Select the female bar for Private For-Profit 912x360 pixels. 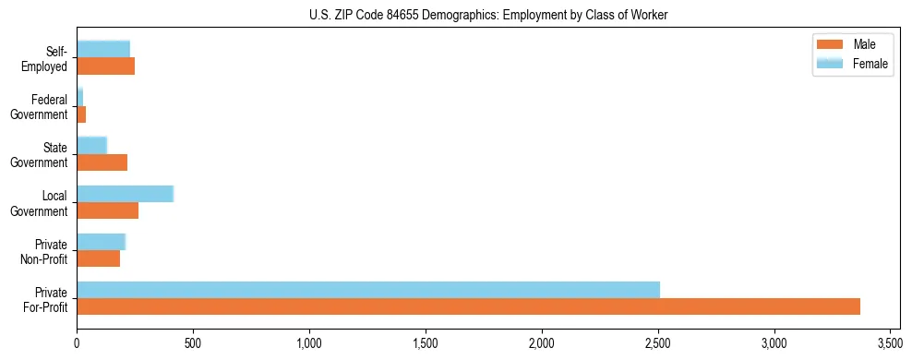click(368, 290)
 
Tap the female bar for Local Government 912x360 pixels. click(125, 194)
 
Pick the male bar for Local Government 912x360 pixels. click(107, 210)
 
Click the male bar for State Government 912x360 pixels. click(102, 162)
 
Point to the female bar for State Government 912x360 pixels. click(91, 145)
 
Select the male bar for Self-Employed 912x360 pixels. click(105, 66)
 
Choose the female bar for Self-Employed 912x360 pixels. click(102, 49)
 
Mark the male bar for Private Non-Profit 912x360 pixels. click(98, 258)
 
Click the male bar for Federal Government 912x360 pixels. click(81, 114)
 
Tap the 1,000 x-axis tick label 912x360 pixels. click(309, 343)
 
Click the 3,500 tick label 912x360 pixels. click(890, 343)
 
